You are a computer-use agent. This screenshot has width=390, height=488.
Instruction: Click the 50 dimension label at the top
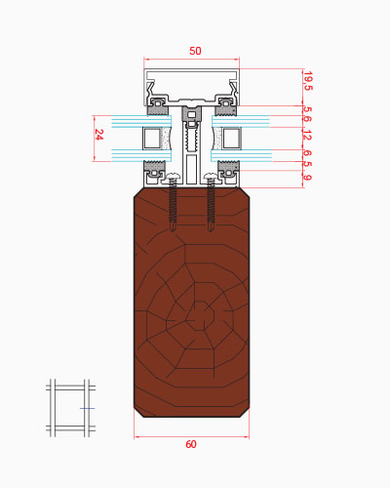pos(195,51)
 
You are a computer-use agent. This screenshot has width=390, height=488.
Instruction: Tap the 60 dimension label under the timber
pos(191,444)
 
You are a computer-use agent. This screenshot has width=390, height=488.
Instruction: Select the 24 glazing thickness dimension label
pos(99,135)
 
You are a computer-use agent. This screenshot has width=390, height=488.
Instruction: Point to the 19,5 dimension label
pos(307,81)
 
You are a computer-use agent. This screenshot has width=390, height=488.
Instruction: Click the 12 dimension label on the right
pos(307,135)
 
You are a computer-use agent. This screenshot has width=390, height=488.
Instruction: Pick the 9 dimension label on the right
pos(307,178)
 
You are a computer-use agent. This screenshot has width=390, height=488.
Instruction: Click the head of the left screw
pos(173,177)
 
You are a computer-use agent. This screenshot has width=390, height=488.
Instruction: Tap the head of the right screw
pos(211,177)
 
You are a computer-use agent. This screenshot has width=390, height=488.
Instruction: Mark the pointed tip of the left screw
pos(173,230)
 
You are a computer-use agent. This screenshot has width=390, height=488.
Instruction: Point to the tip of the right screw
pos(211,230)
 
